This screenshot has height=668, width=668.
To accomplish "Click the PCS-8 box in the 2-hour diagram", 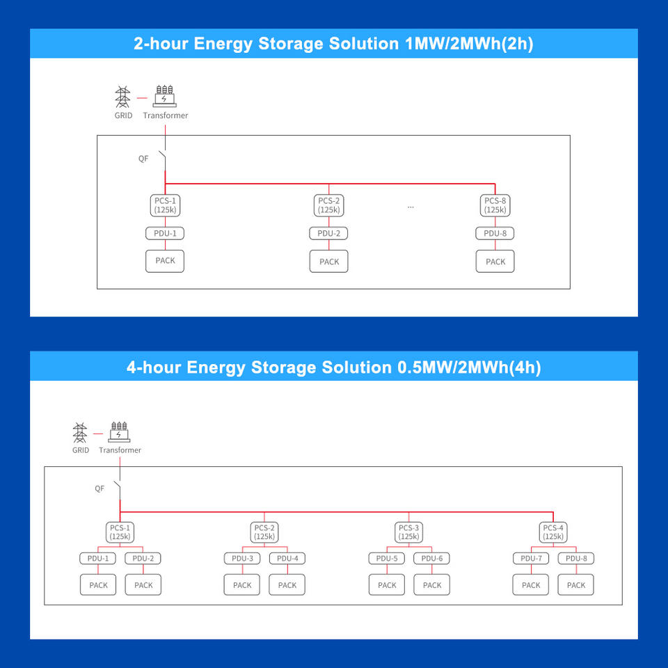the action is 495,205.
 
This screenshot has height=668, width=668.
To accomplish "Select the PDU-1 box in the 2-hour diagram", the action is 165,234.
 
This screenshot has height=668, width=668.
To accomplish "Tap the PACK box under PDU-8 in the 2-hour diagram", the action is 495,261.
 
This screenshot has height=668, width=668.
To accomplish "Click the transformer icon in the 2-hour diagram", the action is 165,96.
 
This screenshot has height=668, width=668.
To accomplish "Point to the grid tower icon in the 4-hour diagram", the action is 79,433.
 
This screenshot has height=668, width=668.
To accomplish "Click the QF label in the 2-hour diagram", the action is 143,159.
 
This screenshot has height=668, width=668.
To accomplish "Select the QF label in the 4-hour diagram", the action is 100,488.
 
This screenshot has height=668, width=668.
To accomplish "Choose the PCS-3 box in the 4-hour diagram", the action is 408,532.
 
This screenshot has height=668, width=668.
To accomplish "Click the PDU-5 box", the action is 387,558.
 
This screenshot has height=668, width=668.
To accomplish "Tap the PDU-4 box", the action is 287,558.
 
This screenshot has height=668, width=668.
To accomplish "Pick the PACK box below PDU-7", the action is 531,585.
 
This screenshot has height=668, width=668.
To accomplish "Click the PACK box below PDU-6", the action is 432,585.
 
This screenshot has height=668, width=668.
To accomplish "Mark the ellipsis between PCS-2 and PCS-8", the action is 411,207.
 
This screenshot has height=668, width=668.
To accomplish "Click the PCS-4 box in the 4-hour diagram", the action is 553,532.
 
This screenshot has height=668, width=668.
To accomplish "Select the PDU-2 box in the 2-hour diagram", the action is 328,234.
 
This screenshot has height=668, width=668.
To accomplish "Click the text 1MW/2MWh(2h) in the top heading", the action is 469,44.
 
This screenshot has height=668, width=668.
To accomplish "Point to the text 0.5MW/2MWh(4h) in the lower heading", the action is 469,367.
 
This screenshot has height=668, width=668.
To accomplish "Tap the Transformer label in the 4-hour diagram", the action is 120,450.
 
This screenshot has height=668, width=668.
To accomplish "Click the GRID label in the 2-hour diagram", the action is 123,115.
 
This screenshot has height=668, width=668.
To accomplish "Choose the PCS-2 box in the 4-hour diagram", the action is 264,532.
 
